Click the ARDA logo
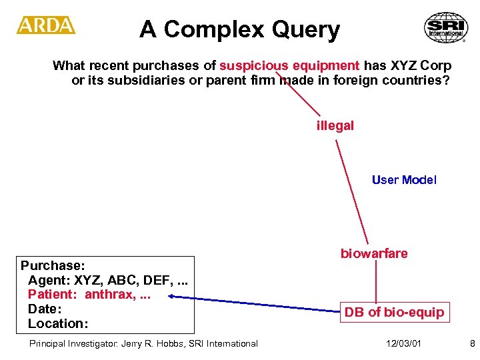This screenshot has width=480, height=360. point(46,25)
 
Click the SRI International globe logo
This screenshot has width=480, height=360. point(445,28)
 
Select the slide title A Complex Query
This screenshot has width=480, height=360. point(239,29)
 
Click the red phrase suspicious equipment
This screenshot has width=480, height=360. point(289,65)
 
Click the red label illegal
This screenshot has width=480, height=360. point(335,125)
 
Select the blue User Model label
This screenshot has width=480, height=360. point(404,180)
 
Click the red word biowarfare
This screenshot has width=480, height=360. point(374,253)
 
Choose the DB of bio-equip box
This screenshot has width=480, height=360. point(394,312)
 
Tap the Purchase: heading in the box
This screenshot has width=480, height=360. point(51,265)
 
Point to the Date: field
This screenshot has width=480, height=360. point(45,309)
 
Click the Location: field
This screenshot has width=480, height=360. point(57,324)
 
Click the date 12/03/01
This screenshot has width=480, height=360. point(403,343)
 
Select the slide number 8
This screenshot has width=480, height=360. point(472,343)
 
